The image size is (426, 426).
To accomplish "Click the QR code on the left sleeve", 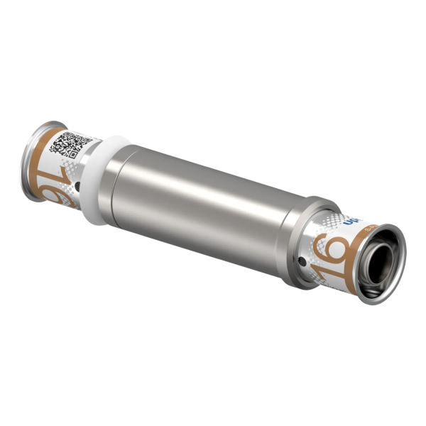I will [x=70, y=143].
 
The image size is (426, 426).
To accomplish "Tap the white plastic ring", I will [x=102, y=181].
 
